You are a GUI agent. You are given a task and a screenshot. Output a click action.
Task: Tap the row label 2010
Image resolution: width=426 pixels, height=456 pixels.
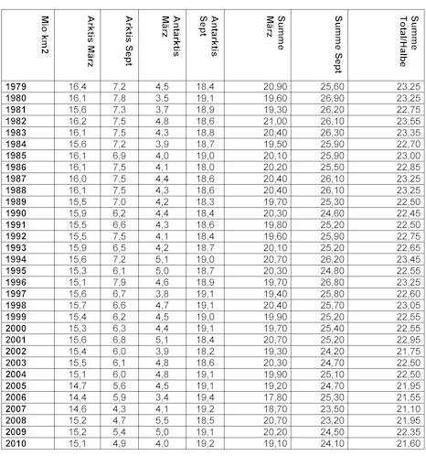coord(17,443)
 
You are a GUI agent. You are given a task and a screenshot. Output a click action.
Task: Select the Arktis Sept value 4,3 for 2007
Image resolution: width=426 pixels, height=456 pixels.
coord(118,408)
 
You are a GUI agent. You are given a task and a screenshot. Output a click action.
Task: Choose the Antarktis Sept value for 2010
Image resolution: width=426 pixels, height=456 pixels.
coord(205,443)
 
